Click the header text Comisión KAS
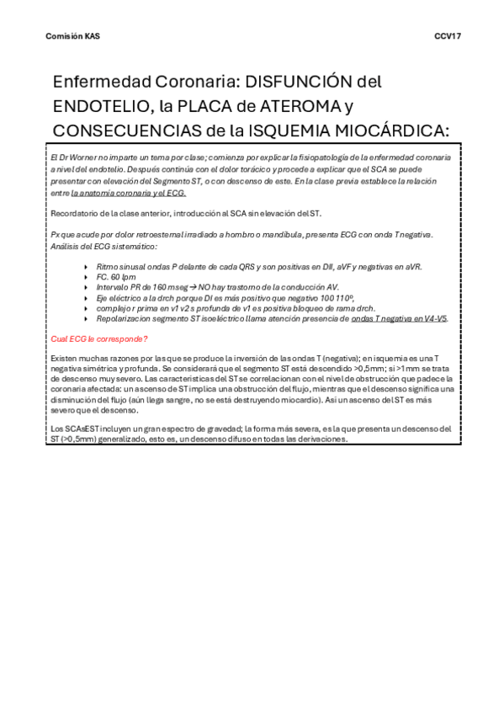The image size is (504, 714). click(72, 36)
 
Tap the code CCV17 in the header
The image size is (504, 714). click(448, 36)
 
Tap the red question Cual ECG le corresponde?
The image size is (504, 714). click(99, 338)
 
